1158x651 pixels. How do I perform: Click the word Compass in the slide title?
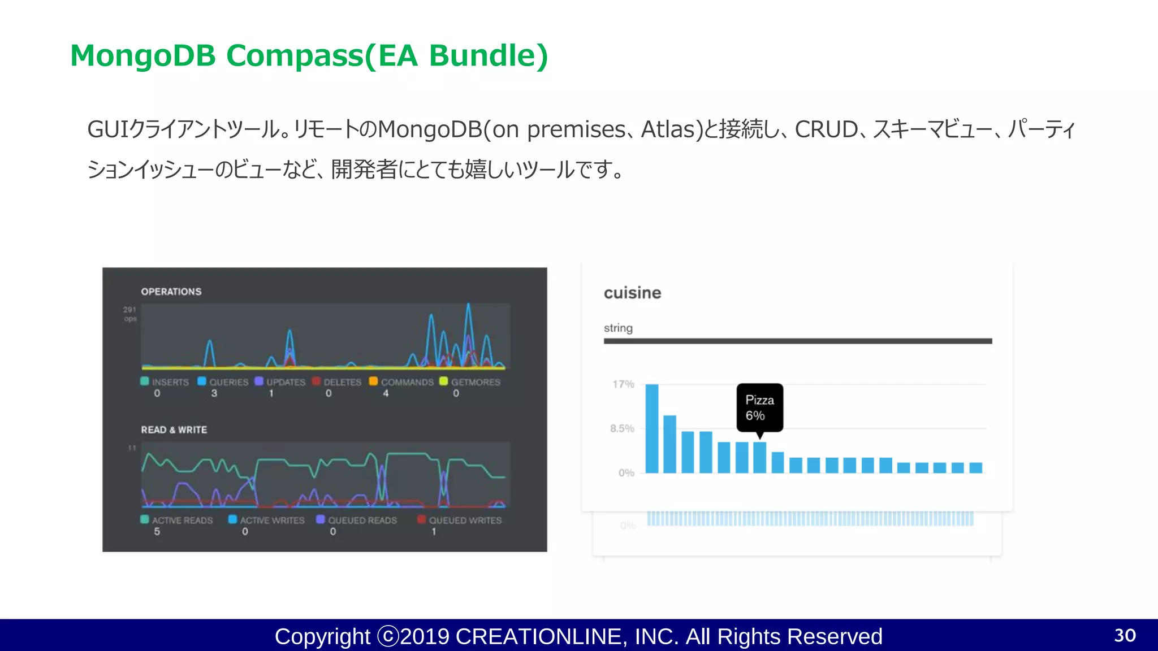coord(294,56)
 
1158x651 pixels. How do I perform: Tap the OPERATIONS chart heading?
coord(171,292)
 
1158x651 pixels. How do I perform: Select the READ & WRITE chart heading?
coord(174,430)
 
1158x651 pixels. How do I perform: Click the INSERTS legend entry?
coord(165,382)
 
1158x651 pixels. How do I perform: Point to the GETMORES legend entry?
coord(470,382)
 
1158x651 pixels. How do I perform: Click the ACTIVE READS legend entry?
coord(176,520)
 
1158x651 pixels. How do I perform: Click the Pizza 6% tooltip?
coord(759,407)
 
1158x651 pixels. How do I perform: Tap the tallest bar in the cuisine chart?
coord(652,428)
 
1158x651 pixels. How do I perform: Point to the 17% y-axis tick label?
coord(623,384)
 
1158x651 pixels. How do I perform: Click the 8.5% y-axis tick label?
coord(622,428)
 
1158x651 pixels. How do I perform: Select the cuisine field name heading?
coord(632,293)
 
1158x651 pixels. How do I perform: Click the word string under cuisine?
coord(618,328)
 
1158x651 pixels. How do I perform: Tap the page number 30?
coord(1125,635)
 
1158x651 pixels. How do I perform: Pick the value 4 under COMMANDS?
coord(386,393)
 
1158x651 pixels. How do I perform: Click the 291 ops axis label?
coord(130,314)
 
